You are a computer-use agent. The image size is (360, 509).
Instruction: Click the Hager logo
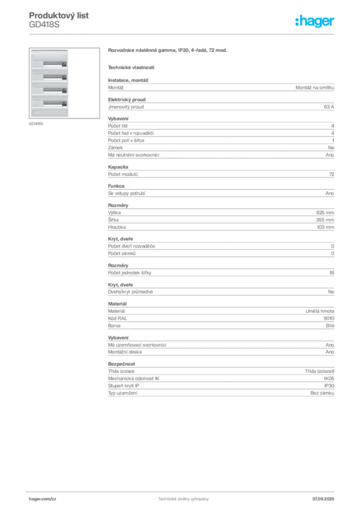coord(314,21)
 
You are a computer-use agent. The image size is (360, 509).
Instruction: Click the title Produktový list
coord(59,15)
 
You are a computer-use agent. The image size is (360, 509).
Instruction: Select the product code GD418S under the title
coord(44,25)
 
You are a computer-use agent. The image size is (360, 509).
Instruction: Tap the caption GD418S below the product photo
coord(36,124)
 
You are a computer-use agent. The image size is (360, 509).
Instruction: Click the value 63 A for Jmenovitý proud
coord(329,107)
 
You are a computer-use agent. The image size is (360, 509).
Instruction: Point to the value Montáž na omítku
coord(315,87)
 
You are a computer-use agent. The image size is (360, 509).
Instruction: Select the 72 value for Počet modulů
coord(332,174)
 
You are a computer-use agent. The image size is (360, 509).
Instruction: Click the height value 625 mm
coord(325,213)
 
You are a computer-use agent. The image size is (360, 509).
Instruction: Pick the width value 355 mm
coord(325,220)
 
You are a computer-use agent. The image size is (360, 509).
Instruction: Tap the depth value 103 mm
coord(325,227)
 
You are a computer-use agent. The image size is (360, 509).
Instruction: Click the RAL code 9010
coord(329,319)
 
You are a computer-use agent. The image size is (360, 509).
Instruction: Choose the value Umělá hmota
coord(320,311)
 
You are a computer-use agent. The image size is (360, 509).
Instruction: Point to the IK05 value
coord(329,378)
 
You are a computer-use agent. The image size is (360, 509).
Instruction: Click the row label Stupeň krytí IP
coord(124,386)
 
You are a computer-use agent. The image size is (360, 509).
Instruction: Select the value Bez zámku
coord(322,393)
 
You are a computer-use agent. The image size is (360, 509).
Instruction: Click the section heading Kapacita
coord(118,167)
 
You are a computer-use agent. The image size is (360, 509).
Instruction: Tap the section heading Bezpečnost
coord(121,364)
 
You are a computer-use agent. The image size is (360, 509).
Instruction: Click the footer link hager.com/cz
coord(43,499)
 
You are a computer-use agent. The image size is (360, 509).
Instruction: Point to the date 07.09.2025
coord(323,499)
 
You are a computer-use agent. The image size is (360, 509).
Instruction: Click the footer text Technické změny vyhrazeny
coord(183,499)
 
